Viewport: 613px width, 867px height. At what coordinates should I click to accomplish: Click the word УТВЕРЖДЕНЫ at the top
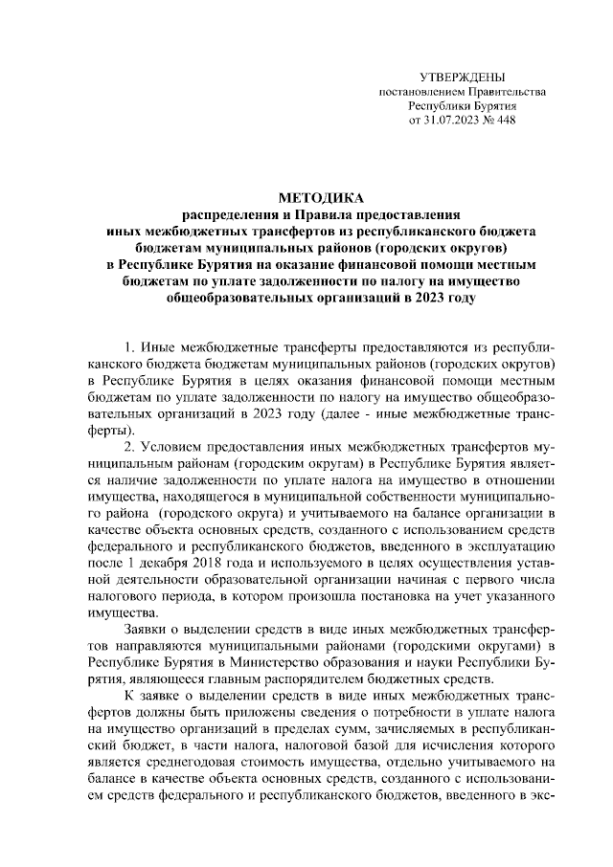pyautogui.click(x=463, y=76)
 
